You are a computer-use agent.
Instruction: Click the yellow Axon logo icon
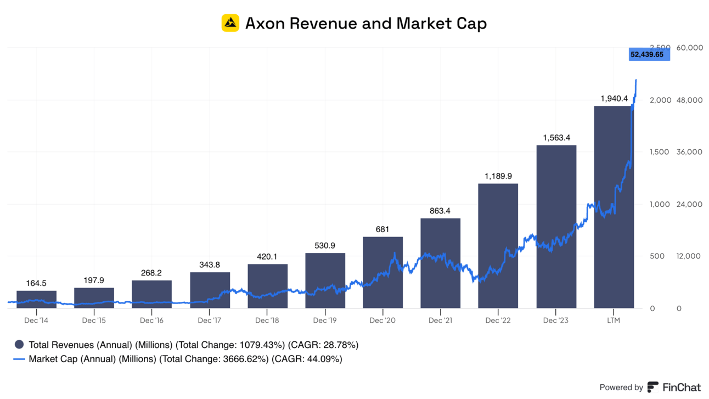tap(230, 23)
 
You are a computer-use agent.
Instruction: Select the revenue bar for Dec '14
tap(36, 299)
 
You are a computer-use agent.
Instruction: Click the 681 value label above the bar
tap(382, 229)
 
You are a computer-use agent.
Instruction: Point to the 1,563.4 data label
tap(556, 138)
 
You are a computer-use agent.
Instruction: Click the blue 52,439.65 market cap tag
tap(649, 54)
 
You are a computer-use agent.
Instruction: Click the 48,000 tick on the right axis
tap(690, 100)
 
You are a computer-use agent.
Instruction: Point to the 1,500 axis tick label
tap(660, 152)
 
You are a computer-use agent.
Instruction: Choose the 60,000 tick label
tap(690, 48)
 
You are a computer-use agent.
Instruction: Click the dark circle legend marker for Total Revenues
tap(19, 345)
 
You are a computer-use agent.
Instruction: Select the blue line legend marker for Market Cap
tap(19, 359)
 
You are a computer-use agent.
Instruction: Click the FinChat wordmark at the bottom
tap(681, 387)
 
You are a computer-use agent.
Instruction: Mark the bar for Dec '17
tap(210, 290)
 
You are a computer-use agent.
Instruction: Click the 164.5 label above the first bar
tap(36, 283)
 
